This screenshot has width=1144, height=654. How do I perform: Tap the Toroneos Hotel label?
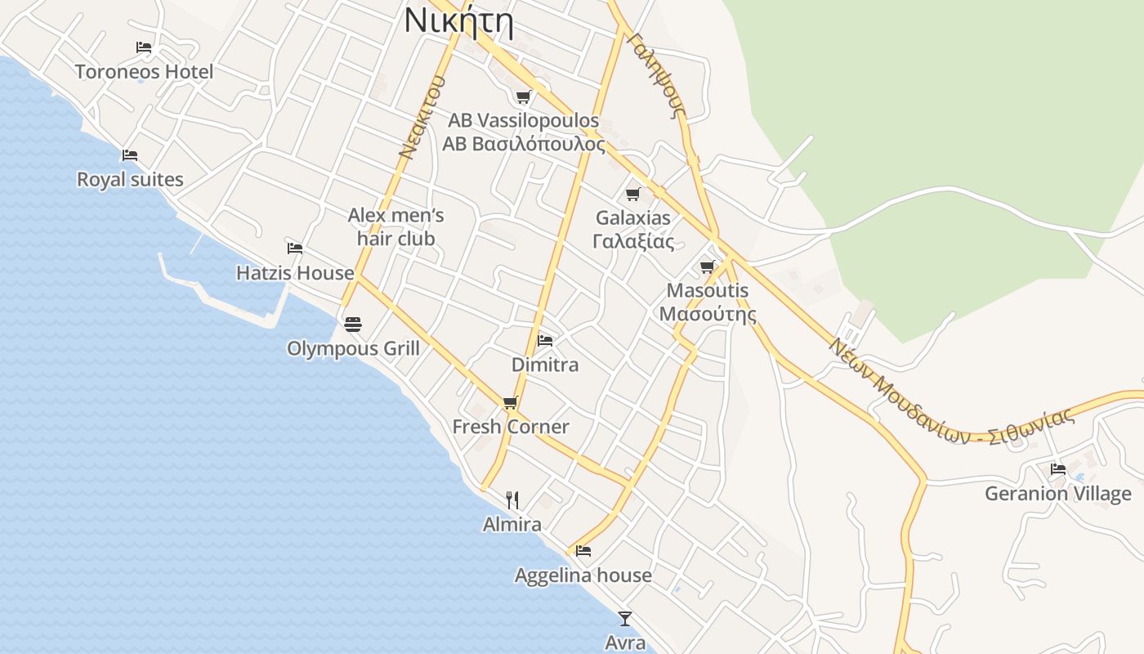(144, 72)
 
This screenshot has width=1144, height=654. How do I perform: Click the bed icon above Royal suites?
(129, 155)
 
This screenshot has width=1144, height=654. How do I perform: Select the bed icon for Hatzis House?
(294, 248)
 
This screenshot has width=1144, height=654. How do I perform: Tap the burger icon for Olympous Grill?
(353, 325)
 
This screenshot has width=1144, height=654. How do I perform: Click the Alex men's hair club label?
(396, 227)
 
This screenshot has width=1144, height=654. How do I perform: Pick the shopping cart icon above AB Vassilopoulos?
(524, 97)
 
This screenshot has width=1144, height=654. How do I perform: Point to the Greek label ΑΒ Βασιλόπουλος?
(524, 145)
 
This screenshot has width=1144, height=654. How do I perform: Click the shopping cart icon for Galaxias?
(632, 194)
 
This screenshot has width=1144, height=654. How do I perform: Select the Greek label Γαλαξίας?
(633, 242)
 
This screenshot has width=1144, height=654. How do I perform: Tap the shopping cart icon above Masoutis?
(708, 267)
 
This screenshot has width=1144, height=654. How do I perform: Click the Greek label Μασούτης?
(708, 315)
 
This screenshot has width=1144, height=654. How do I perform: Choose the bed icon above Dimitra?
(545, 340)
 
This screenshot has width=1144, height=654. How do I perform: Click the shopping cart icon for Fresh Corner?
(511, 402)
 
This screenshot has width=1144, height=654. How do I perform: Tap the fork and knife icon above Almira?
(512, 499)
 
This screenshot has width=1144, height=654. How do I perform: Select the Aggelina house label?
(583, 576)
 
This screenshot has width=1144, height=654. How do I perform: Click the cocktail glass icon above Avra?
(625, 619)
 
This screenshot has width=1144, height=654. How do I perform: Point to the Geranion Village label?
(1057, 494)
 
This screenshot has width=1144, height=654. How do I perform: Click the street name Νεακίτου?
(422, 117)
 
